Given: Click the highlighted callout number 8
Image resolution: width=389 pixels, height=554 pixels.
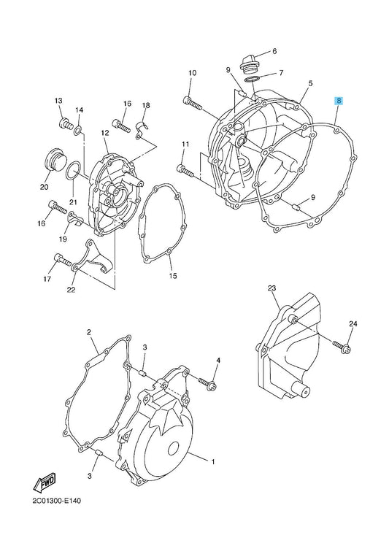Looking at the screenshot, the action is tap(339, 101).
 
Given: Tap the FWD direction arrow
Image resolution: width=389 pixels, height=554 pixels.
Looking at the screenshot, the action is tap(45, 482).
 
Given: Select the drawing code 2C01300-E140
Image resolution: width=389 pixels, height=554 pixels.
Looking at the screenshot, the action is tap(57, 501).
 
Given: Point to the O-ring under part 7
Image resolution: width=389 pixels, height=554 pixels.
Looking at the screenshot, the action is tap(252, 79).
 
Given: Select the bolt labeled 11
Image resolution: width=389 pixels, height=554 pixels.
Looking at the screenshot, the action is tap(185, 171).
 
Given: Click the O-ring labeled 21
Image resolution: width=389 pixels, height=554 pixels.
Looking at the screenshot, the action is tap(74, 170).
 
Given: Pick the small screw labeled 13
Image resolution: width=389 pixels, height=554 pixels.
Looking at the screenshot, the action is tap(65, 123).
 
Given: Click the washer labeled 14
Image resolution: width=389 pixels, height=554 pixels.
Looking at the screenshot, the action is tap(78, 131).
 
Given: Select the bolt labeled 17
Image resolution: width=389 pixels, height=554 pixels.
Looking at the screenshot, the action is tap(63, 260).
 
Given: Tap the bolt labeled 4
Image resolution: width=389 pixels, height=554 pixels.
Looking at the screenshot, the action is tap(207, 382).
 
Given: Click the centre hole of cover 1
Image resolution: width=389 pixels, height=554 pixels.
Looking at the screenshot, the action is tap(173, 449).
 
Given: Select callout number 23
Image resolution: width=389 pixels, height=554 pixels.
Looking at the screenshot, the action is tap(271, 288).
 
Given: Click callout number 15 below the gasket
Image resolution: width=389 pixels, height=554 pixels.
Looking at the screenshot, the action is tap(173, 276).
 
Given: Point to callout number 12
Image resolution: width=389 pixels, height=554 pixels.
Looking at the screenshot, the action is tap(104, 133).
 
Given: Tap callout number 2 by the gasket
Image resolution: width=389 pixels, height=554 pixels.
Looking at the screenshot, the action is tap(89, 332).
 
